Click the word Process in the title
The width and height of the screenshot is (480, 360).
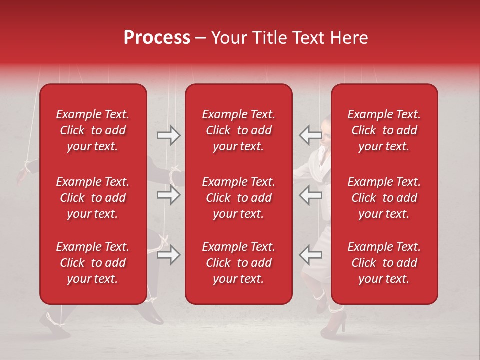pos(157,38)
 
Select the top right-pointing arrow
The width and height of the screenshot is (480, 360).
pos(168,135)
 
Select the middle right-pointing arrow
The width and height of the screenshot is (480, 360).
pos(168,195)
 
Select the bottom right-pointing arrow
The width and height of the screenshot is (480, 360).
pos(168,255)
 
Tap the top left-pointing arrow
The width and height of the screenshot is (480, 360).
pos(310,135)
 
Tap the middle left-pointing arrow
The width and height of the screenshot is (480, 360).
pos(310,195)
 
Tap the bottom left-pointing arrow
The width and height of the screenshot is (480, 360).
pos(310,255)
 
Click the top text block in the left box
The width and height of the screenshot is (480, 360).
pos(92,130)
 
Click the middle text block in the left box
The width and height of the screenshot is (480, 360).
pos(92,198)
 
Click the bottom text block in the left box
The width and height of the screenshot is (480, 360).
pos(92,263)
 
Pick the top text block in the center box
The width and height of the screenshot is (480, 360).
pos(238,130)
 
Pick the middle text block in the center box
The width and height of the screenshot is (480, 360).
pos(238,198)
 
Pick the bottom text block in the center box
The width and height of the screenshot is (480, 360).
pos(238,263)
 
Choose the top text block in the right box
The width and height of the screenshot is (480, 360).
pos(384,130)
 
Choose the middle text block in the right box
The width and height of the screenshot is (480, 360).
pos(384,198)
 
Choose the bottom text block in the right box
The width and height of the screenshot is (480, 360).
pos(384,263)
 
